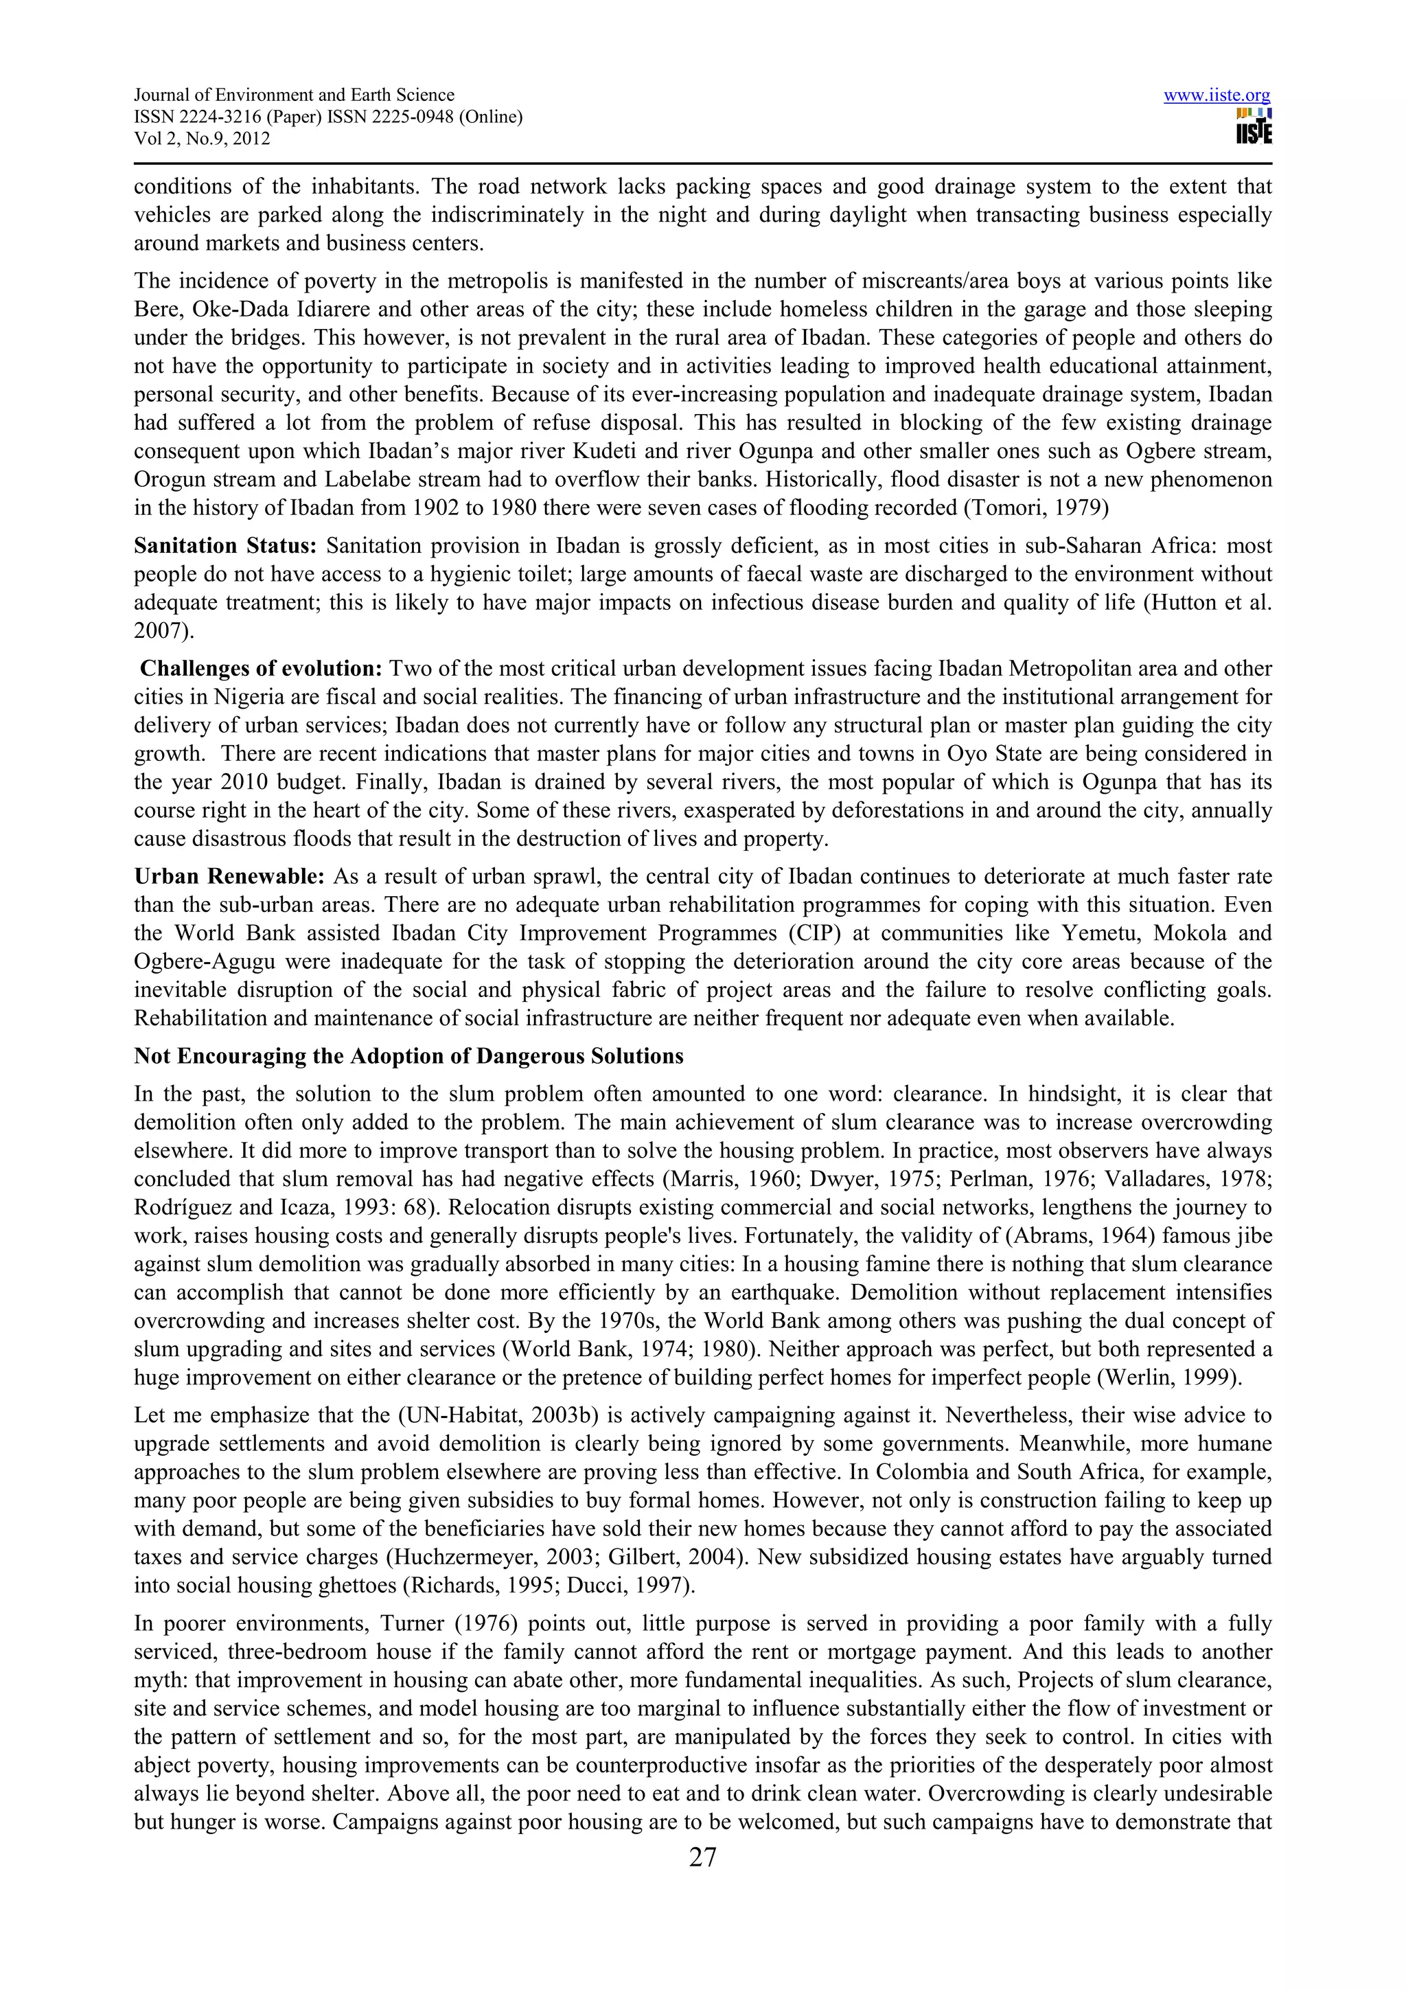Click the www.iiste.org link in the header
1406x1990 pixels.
coord(1217,95)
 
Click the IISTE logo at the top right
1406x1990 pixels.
coord(1254,126)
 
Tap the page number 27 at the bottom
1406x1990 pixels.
coord(702,1857)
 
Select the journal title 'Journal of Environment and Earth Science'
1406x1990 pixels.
coord(294,95)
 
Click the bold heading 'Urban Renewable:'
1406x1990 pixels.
coord(229,876)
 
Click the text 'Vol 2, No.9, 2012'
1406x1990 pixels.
coord(202,139)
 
